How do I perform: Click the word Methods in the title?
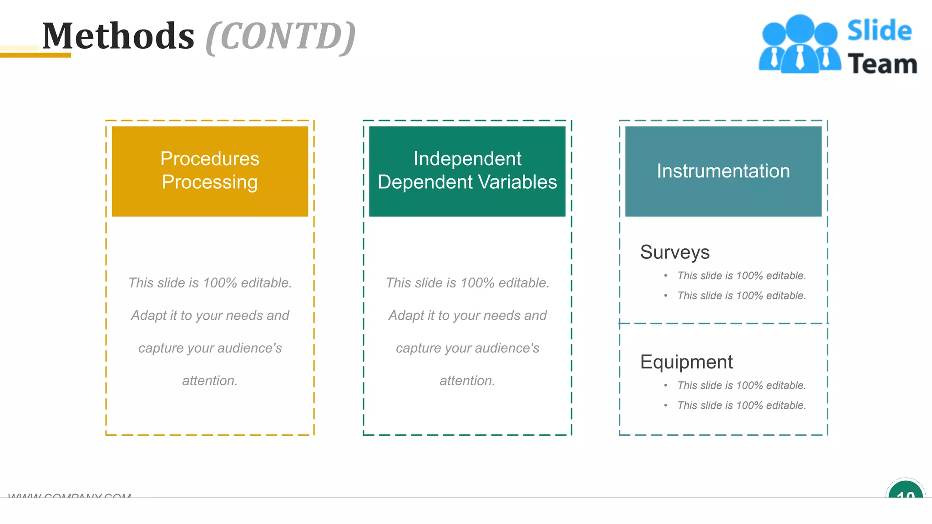pos(118,36)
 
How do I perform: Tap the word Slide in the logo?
pos(879,31)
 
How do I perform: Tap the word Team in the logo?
pos(882,64)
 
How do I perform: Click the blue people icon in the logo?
pos(800,45)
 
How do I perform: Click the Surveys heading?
pos(674,252)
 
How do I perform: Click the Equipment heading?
pos(686,362)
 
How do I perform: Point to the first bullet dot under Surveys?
pos(666,276)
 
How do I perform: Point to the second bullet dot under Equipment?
pos(666,405)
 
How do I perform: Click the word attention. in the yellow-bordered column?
pos(210,381)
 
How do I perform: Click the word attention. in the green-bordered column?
pos(467,381)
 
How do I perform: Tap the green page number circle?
pos(905,492)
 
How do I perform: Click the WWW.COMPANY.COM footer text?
pos(70,495)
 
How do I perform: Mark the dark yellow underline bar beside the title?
pos(35,55)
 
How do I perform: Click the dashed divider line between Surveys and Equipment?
pos(723,323)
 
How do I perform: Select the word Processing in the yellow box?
pos(210,182)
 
